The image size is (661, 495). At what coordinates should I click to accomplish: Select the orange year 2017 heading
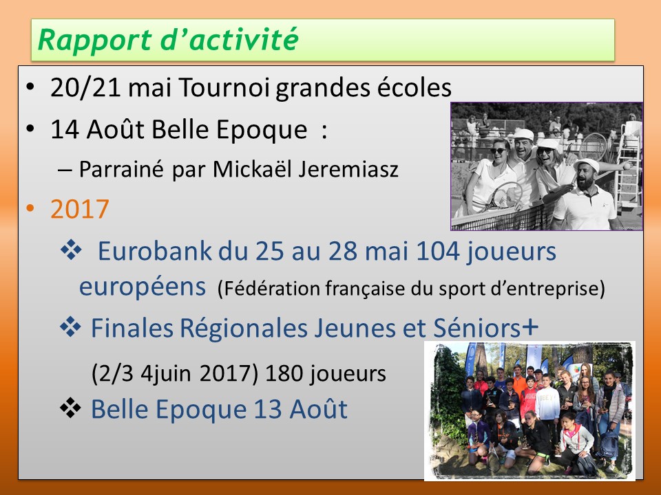(80, 209)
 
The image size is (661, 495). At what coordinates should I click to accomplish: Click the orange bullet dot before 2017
(30, 208)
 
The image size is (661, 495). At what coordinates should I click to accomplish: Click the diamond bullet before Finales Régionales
(70, 327)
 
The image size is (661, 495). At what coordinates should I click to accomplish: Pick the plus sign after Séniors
(530, 326)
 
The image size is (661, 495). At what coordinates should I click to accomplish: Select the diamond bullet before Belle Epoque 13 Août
(70, 408)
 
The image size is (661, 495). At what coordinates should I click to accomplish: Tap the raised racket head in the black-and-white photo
(593, 146)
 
